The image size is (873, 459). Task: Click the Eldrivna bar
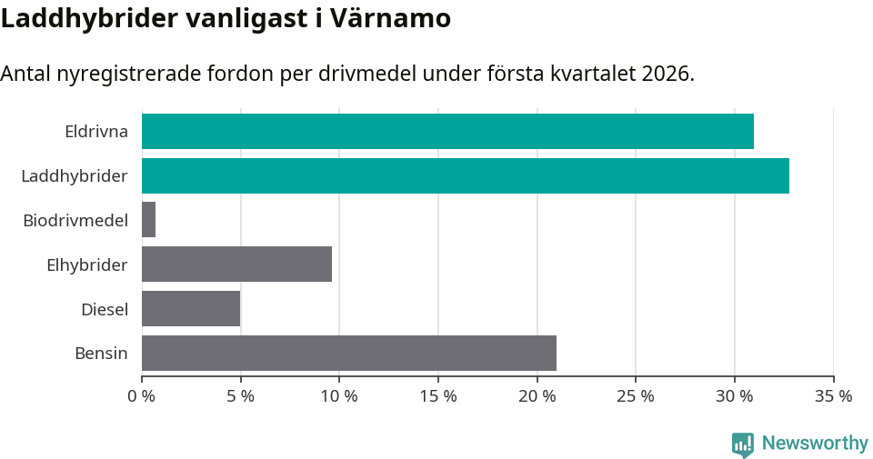coord(447,131)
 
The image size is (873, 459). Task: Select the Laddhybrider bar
coord(465,175)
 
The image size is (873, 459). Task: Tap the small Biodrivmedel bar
coord(148,220)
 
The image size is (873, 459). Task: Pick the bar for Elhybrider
coord(236,264)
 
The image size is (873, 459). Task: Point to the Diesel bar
coord(191,309)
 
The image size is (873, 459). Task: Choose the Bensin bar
coord(348,353)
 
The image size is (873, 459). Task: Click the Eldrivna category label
coord(95,131)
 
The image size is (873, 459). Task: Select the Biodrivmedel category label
coord(75,220)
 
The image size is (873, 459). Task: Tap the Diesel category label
coord(105,309)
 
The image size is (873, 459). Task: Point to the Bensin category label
coord(101,353)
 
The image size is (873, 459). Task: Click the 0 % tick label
coord(142,396)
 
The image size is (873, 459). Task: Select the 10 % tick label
coord(339,396)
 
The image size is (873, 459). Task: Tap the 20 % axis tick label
coord(537,396)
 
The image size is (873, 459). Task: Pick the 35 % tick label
coord(833,396)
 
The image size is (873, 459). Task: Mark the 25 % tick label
coord(636,396)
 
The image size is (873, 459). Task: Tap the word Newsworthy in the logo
coord(815,444)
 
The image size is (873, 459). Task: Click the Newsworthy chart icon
coord(743,444)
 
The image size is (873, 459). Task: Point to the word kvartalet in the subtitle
coord(592,74)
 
